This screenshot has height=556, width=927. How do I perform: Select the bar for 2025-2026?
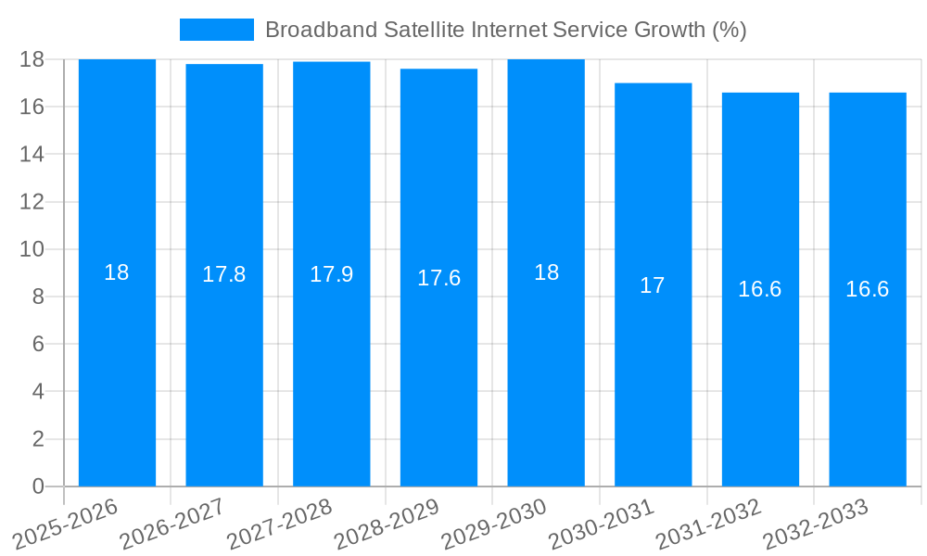(117, 371)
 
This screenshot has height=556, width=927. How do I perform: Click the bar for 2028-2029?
(438, 371)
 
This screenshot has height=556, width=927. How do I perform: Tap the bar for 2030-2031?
(653, 371)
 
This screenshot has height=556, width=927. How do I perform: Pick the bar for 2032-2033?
(868, 371)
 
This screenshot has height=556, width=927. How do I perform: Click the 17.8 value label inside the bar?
(224, 274)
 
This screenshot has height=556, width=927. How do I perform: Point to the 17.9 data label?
(331, 274)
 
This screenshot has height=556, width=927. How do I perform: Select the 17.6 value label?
(438, 278)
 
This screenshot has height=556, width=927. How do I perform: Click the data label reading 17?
(653, 285)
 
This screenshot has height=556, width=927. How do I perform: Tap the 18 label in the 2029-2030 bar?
(546, 272)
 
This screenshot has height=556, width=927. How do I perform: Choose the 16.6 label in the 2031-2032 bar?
(760, 289)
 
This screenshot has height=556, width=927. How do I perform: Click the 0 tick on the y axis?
(38, 486)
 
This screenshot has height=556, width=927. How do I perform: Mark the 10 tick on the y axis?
(32, 249)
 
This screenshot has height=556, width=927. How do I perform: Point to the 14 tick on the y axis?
(32, 154)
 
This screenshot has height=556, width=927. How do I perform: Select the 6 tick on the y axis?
(38, 344)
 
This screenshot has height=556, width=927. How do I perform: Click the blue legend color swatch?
(216, 30)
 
